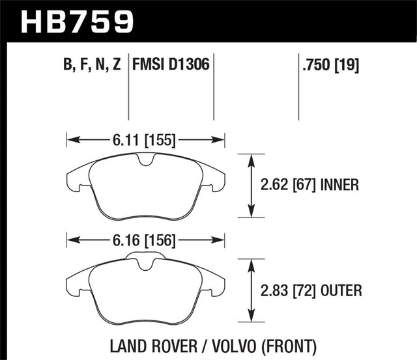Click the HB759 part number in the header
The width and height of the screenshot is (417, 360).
[x=78, y=21]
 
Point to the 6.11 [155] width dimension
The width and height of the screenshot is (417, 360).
[x=145, y=138]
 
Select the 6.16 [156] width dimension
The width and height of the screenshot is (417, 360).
[x=145, y=241]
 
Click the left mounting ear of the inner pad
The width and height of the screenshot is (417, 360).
[x=76, y=182]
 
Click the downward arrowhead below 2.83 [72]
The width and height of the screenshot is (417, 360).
[x=252, y=319]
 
